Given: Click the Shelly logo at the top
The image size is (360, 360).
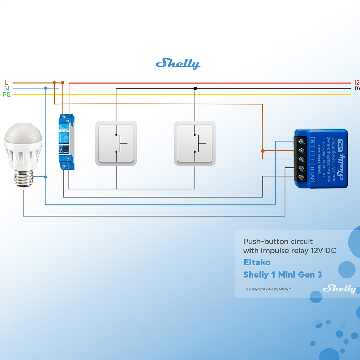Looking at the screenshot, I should pos(178,64).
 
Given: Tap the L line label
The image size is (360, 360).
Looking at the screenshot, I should pos(6,83).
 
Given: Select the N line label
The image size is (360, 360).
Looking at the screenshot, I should pos(6,89).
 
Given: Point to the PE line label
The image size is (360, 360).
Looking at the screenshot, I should pos(6,95).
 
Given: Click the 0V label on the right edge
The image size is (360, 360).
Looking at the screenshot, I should pos(357,89).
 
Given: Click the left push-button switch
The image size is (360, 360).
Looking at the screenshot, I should pos(116,143).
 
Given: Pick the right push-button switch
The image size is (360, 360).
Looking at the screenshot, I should pos(195,143).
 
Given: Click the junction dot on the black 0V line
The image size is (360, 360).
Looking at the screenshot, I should pos(195,88).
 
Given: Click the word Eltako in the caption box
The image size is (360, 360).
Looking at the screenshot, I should pos(257,262).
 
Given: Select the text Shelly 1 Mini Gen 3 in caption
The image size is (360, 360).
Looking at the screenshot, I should pos(283,275).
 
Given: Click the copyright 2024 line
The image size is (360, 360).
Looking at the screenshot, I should pos(268,289).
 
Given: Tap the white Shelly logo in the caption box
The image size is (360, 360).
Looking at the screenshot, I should pos(339,288).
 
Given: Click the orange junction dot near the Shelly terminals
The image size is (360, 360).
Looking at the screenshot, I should pos(263,151).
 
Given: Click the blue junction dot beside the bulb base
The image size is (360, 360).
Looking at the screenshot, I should pos(45,177).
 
